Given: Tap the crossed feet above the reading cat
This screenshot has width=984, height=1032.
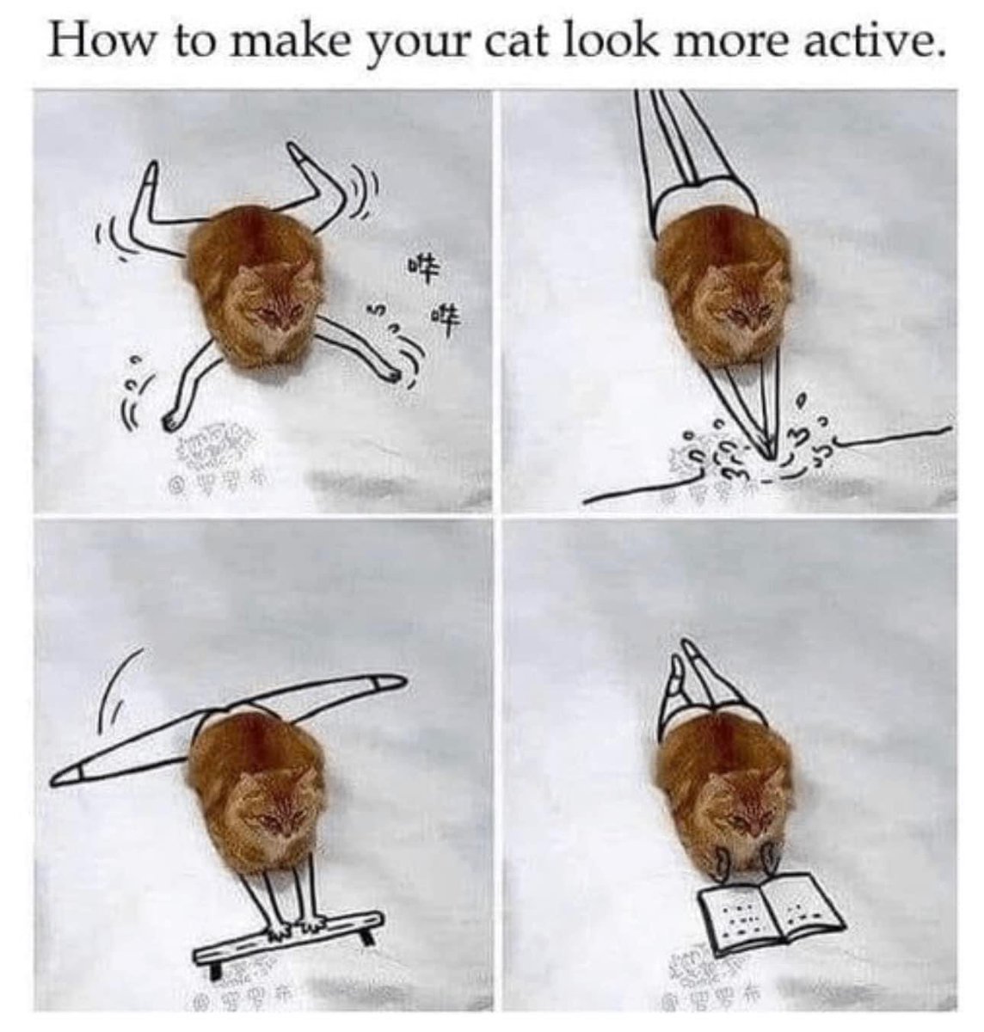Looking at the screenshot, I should [x=687, y=658].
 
